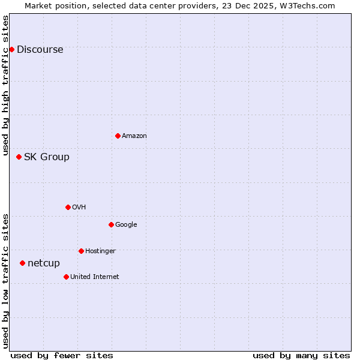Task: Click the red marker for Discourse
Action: [x=11, y=49]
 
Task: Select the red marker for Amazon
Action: [x=118, y=136]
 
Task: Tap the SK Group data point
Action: [x=19, y=157]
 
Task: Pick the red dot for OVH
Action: [x=68, y=207]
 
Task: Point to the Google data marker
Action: [x=111, y=224]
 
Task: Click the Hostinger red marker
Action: [x=81, y=251]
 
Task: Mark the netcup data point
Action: [x=22, y=263]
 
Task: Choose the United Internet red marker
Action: [x=66, y=277]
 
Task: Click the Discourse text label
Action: [x=40, y=50]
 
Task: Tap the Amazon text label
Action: [x=134, y=136]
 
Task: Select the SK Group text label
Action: [x=47, y=157]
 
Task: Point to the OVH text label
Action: [x=79, y=208]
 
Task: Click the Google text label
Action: [x=126, y=225]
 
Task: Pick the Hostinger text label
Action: [x=100, y=251]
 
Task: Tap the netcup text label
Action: [x=44, y=263]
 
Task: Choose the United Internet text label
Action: [x=95, y=277]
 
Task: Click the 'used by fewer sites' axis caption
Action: [x=62, y=355]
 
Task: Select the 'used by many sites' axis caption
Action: [x=301, y=355]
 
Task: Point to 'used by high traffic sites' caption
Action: [x=6, y=85]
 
